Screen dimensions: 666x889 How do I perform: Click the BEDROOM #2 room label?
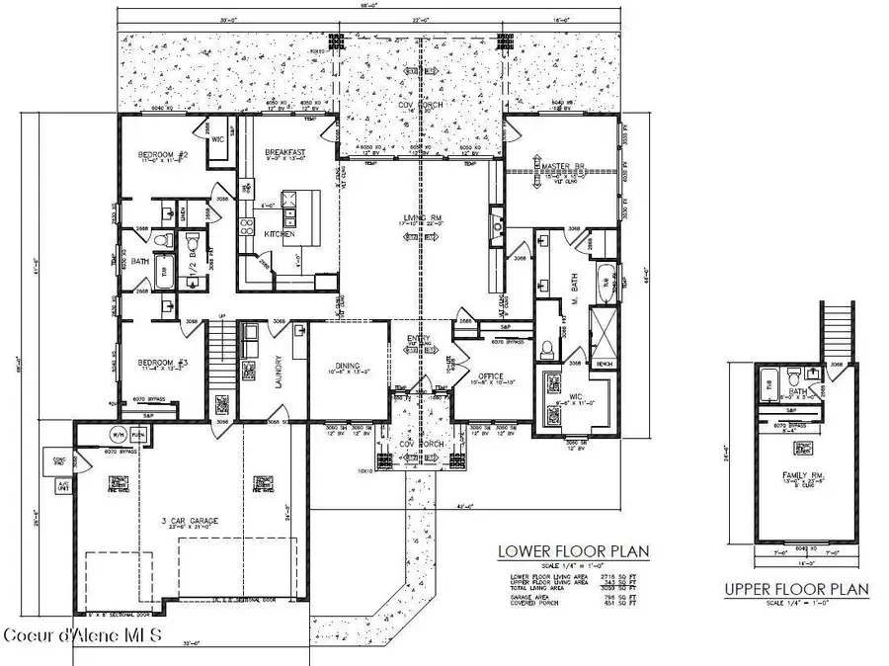pos(163,155)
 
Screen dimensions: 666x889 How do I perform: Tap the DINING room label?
pos(347,365)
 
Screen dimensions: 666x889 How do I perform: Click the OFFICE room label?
pos(491,376)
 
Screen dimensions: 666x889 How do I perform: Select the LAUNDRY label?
pos(280,372)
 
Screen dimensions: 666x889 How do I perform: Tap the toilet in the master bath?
pos(546,348)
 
